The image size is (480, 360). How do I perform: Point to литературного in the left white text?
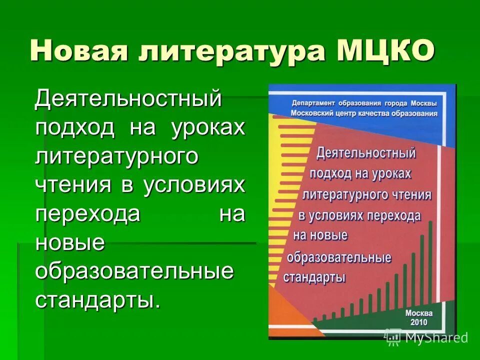tap(117, 156)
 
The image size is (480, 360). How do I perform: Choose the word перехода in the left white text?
tap(87, 214)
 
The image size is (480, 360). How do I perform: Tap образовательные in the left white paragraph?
tap(134, 272)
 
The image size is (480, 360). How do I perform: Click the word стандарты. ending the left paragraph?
tap(98, 301)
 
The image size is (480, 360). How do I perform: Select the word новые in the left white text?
tap(70, 243)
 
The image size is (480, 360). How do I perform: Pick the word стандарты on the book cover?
tap(314, 277)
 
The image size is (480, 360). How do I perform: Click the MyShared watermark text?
tap(436, 338)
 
